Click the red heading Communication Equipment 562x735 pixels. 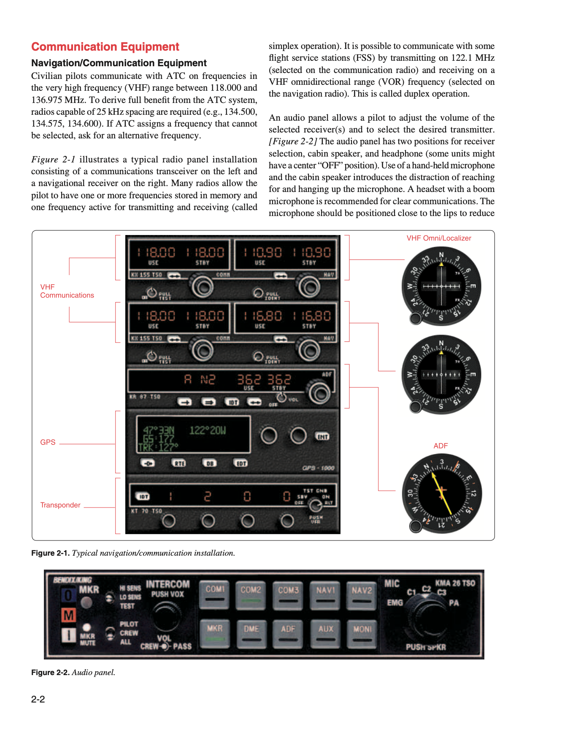point(105,47)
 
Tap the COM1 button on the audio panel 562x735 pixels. point(215,594)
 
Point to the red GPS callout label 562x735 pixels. point(48,442)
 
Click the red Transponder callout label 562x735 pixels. point(60,505)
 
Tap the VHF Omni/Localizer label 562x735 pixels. point(439,238)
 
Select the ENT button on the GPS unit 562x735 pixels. point(322,436)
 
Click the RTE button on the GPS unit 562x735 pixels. point(180,463)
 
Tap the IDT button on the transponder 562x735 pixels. point(143,497)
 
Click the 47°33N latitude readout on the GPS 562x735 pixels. point(159,430)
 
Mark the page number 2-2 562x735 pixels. point(38,699)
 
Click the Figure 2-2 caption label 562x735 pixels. point(50,673)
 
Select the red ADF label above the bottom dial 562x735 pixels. point(440,446)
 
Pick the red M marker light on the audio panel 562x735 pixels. point(68,615)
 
